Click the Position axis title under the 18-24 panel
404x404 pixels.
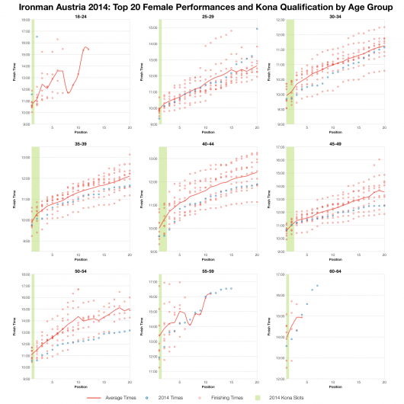coord(80,131)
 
